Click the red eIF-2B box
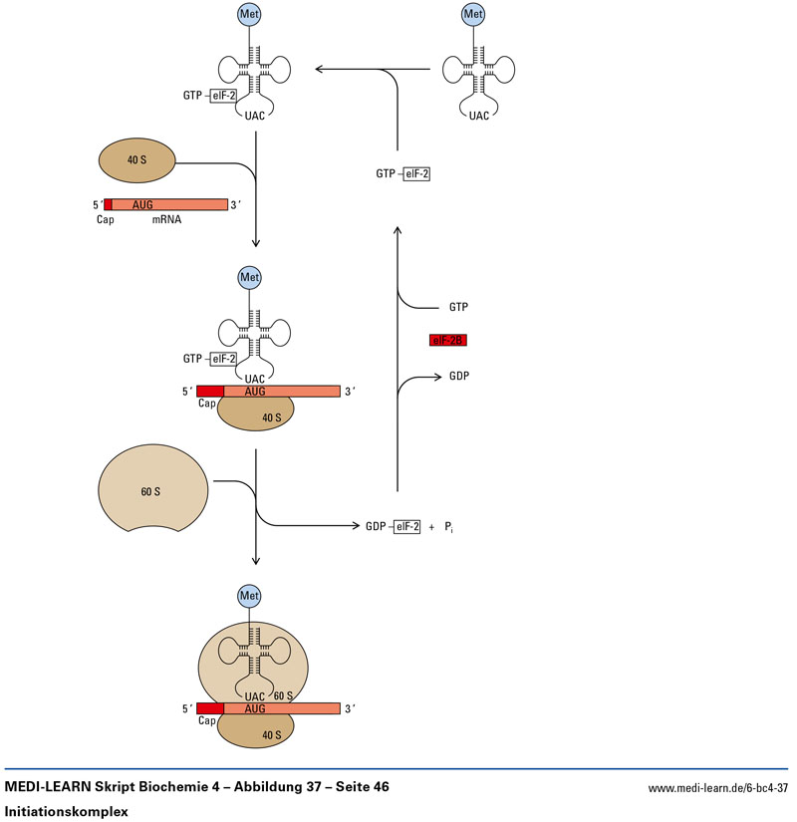click(x=447, y=341)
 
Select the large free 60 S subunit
click(x=152, y=491)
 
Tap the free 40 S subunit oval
click(x=136, y=159)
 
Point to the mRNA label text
click(x=166, y=220)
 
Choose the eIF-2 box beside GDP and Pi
click(x=406, y=526)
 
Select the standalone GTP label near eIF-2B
click(x=458, y=308)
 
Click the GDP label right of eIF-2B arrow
click(x=458, y=377)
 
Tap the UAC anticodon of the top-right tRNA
click(x=479, y=116)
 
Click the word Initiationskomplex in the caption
click(x=67, y=811)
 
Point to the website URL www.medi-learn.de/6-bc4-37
click(x=718, y=788)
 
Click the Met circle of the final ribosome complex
click(x=249, y=596)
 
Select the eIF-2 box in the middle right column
click(x=416, y=173)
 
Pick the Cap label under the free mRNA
click(x=106, y=220)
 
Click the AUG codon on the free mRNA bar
click(x=142, y=204)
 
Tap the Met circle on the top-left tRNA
click(x=249, y=15)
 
